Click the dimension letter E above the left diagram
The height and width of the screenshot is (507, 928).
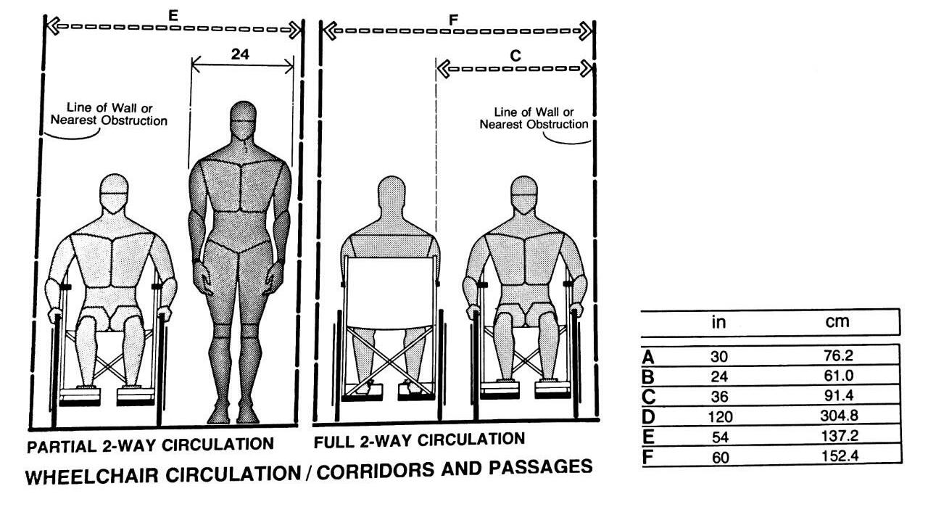click(x=173, y=14)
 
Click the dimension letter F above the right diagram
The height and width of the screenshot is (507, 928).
click(x=454, y=19)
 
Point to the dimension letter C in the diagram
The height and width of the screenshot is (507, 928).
click(x=515, y=56)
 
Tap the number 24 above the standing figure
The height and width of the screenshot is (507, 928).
click(x=241, y=54)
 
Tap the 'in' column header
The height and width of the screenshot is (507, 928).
click(x=718, y=321)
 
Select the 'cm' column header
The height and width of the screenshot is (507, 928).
click(x=837, y=321)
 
